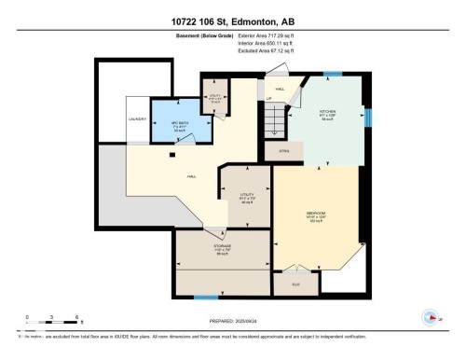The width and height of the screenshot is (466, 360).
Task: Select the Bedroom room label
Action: coord(316,216)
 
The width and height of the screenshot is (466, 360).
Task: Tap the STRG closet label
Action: coord(283,149)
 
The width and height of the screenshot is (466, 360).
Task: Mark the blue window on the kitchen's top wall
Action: coord(332,73)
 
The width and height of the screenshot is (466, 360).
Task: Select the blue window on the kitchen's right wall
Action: coord(369,118)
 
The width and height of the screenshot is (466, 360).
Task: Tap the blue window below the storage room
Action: coord(206,298)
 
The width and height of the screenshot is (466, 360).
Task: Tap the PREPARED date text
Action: coord(232,323)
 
